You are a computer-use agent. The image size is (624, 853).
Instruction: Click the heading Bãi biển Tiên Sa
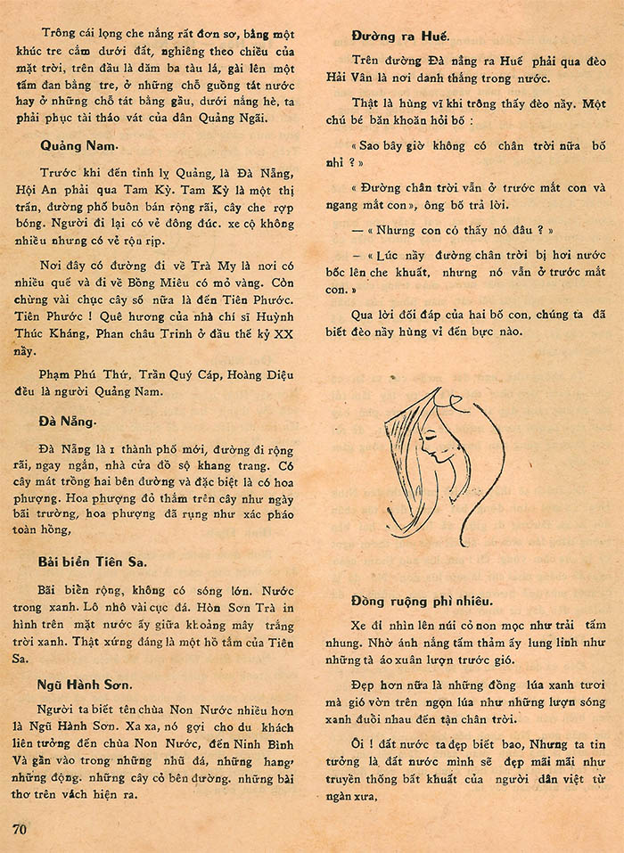(93, 562)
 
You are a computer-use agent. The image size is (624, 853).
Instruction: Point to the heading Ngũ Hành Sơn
(86, 685)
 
